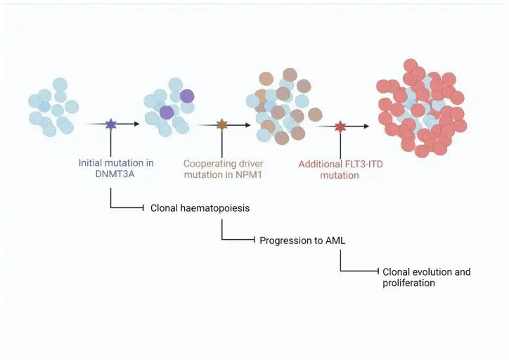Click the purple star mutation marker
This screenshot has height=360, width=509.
click(x=110, y=124)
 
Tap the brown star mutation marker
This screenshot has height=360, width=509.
click(x=222, y=125)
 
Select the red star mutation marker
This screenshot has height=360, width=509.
click(x=340, y=127)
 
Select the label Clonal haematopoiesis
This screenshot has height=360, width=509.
click(x=200, y=208)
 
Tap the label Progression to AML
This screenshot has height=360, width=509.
click(x=302, y=240)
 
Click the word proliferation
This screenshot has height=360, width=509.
click(x=409, y=283)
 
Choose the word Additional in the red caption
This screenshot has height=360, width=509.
click(x=321, y=164)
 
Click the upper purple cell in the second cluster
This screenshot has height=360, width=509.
click(x=187, y=96)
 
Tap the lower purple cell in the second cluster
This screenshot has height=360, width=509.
click(x=167, y=112)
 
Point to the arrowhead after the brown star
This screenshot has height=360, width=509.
click(x=247, y=125)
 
